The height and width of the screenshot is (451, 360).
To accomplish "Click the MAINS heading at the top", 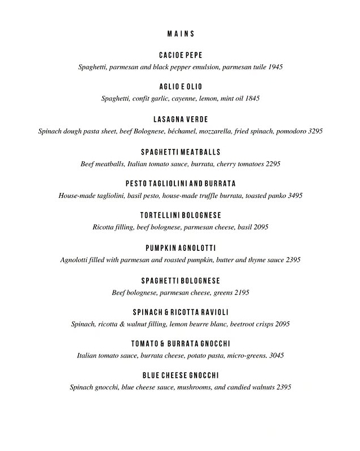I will click(181, 34).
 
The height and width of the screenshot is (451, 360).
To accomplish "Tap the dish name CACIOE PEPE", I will click(181, 55).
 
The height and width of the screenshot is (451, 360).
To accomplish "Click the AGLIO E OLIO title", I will click(181, 87).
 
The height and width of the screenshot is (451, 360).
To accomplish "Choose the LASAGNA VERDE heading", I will click(181, 120).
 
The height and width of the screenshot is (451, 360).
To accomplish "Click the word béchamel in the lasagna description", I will click(214, 131).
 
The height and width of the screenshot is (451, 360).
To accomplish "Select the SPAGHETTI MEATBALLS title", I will click(181, 152).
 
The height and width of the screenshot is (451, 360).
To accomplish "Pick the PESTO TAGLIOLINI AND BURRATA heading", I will click(181, 184).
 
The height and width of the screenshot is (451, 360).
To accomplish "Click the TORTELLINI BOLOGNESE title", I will click(181, 215).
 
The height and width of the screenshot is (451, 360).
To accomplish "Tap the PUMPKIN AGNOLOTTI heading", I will click(181, 248).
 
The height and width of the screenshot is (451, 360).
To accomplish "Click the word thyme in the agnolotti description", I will click(258, 260).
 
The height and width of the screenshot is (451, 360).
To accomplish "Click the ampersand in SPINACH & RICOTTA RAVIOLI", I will click(169, 312).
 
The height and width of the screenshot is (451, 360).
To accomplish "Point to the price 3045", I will click(276, 356).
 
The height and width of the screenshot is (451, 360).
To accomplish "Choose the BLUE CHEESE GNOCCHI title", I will click(181, 375).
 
